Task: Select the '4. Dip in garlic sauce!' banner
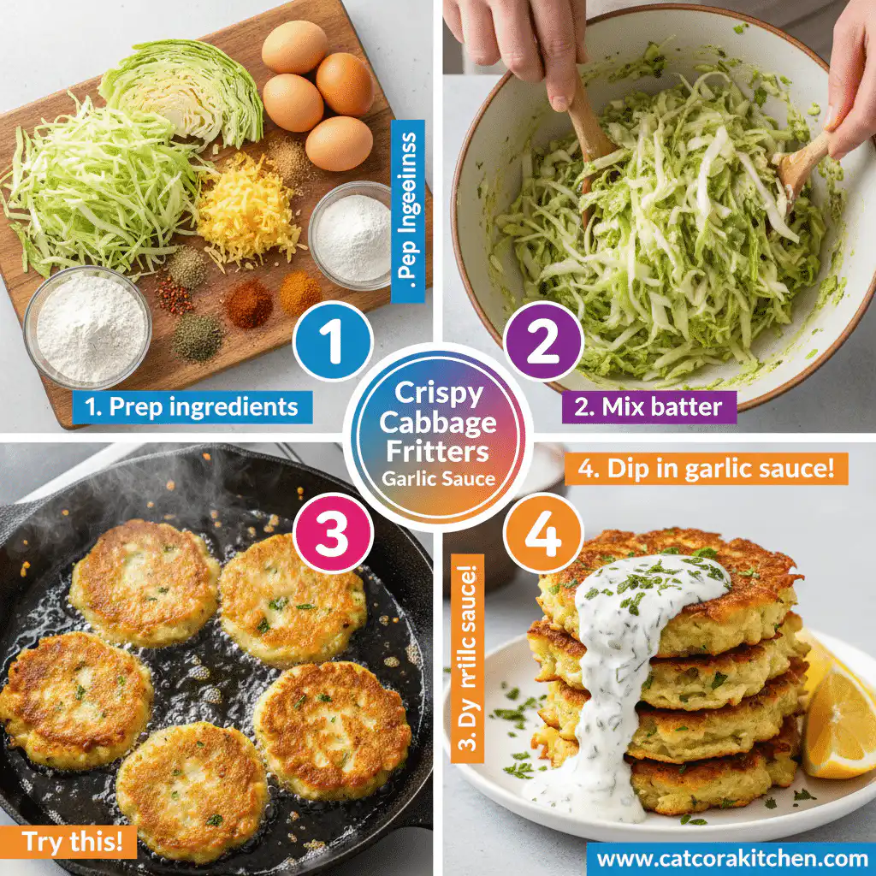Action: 706,469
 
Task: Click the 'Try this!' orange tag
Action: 68,842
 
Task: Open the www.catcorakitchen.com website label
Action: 731,856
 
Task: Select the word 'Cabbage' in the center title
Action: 437,422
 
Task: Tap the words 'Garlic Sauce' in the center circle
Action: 438,478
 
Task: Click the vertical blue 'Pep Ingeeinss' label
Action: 408,213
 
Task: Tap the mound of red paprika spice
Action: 249,304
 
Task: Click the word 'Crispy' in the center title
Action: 437,394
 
